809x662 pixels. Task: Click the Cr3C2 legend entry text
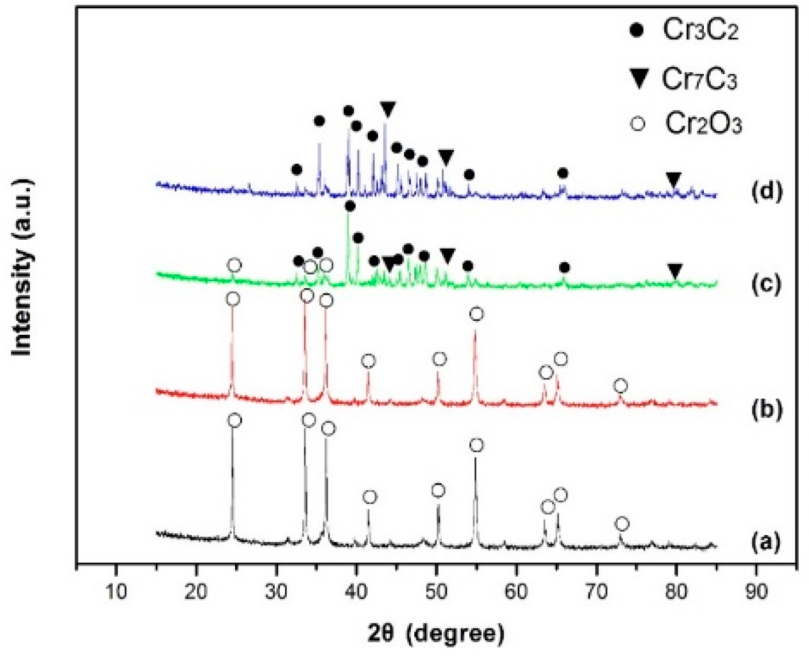[700, 30]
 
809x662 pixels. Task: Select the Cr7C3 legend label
[699, 79]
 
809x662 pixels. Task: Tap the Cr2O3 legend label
[703, 123]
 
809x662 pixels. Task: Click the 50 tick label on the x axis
[436, 591]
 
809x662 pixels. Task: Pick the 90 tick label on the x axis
[757, 591]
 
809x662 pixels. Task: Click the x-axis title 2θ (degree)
[436, 633]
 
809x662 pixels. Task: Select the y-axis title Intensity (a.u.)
[22, 268]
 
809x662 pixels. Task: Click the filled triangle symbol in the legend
[638, 78]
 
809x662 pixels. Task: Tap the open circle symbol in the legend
[638, 123]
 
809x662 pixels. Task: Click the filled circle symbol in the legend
[636, 30]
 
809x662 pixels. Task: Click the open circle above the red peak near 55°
[476, 314]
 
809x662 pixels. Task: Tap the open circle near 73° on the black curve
[622, 524]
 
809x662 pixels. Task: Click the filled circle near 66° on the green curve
[564, 267]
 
